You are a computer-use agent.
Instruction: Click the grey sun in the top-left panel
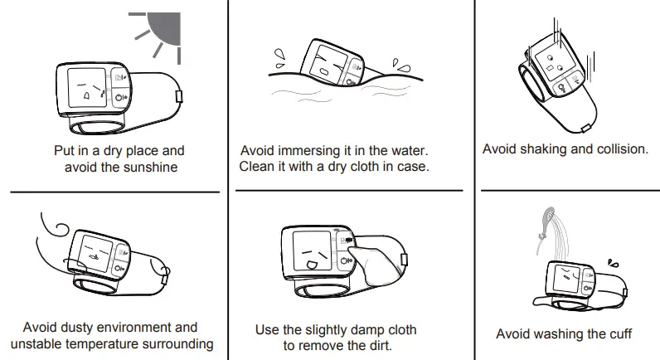click(164, 29)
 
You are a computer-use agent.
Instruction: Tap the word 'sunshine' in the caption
click(149, 168)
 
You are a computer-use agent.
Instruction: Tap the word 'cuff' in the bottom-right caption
click(620, 334)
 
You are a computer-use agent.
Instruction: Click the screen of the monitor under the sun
click(87, 88)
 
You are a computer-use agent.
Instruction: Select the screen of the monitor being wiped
click(313, 251)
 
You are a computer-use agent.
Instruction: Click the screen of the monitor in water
click(328, 62)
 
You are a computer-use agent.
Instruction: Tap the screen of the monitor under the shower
click(566, 280)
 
